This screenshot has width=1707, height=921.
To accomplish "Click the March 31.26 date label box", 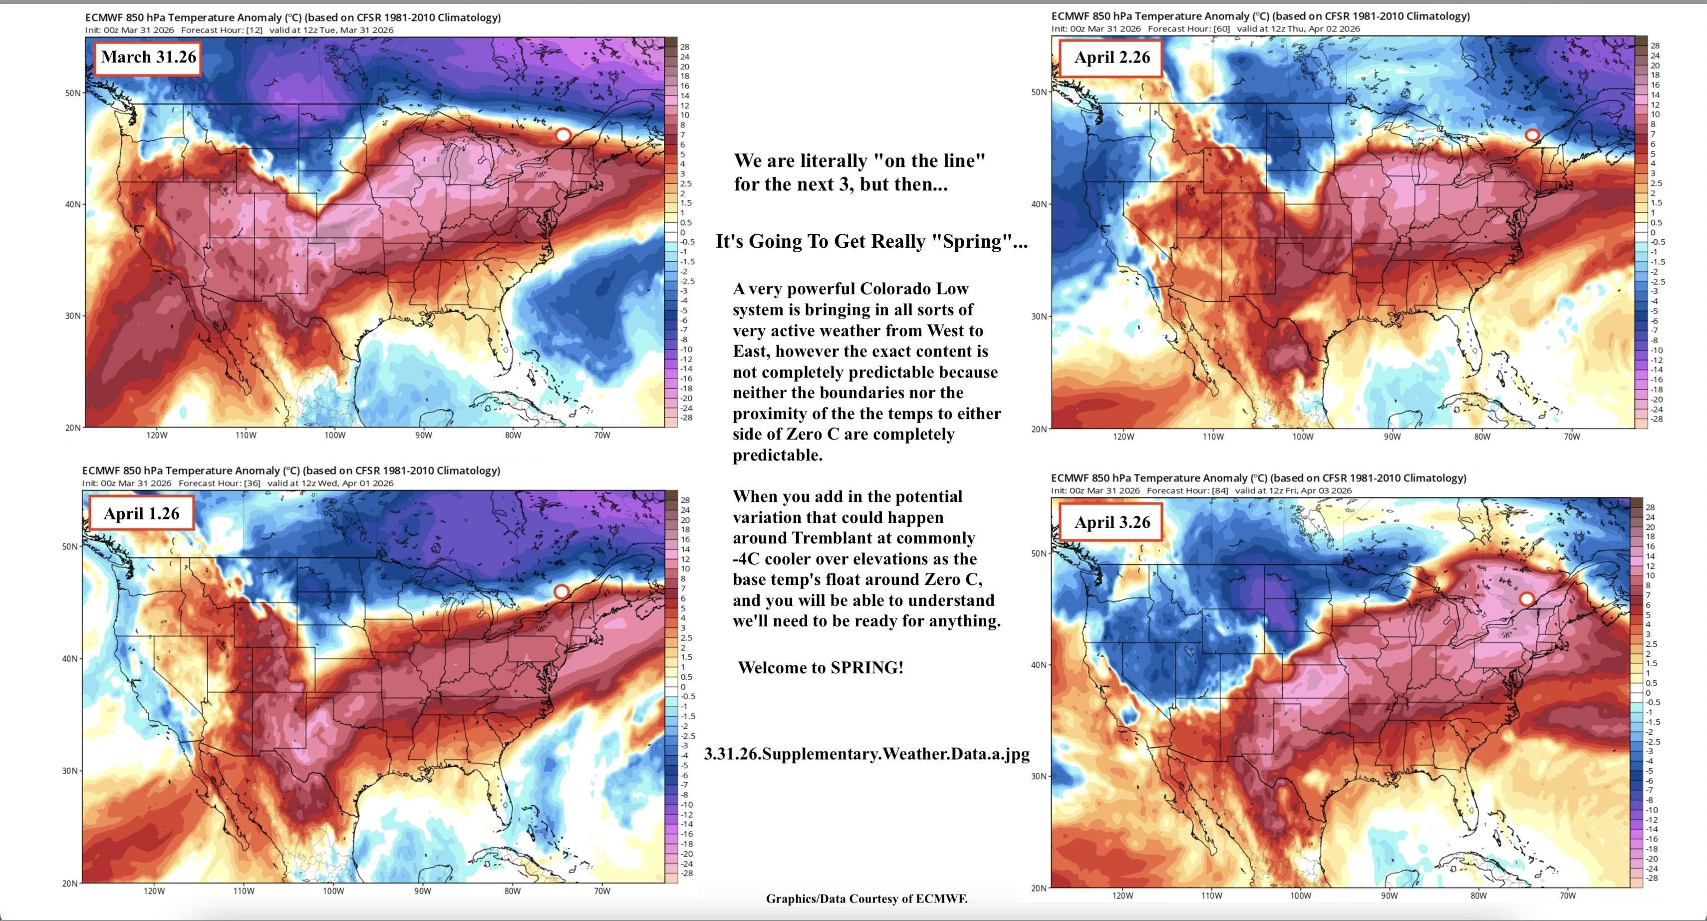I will (148, 57).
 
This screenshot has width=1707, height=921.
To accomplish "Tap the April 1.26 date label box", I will (141, 514).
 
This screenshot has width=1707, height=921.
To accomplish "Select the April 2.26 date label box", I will (1112, 57).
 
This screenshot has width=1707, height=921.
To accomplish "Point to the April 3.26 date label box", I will (1112, 522).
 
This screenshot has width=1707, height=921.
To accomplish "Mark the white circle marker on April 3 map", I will (1527, 599).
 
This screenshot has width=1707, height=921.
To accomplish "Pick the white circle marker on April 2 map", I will (1531, 135).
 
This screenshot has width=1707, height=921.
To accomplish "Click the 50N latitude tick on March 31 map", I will (73, 93).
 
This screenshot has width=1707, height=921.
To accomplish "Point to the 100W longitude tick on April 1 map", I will (333, 891).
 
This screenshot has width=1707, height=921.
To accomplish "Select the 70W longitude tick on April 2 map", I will (1572, 437).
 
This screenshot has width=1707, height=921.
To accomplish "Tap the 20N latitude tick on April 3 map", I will (1038, 888).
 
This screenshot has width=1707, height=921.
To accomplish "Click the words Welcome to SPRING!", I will (821, 668).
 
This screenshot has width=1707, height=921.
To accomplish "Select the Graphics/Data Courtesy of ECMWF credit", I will (866, 899).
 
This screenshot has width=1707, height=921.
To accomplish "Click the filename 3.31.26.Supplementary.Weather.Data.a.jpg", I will (866, 754).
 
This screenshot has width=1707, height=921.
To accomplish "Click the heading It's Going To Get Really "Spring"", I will (871, 241).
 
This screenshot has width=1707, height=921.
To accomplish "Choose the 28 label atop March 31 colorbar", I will (684, 47).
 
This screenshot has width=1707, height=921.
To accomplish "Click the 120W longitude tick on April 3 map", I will (1123, 896).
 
